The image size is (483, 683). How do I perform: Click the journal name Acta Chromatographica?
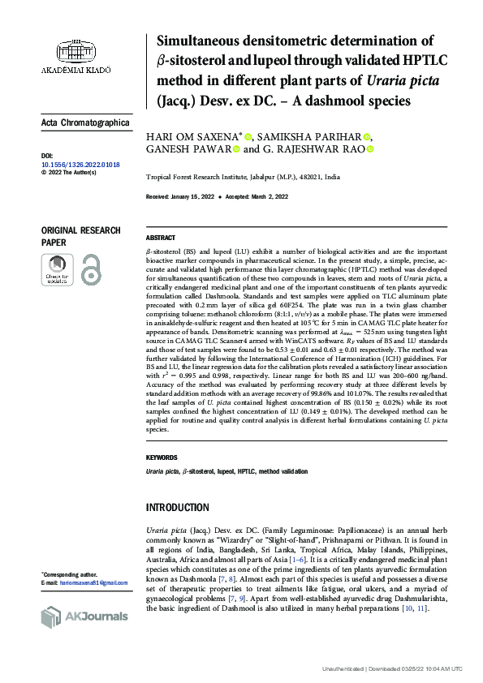coord(85,122)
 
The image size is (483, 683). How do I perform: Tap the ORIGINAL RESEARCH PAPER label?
coord(80,236)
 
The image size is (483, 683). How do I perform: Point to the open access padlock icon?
coord(91,268)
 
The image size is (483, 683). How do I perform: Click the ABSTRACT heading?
coord(160,238)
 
